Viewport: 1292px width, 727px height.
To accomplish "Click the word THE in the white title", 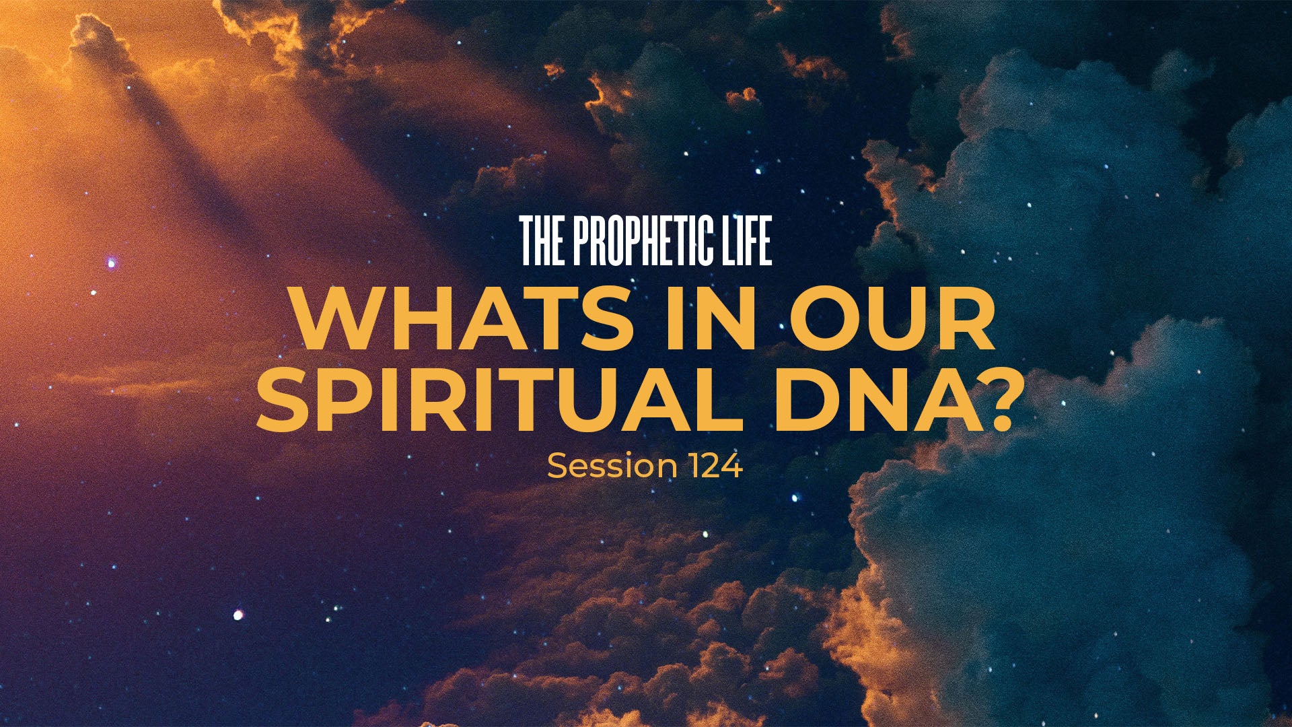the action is pos(542,241).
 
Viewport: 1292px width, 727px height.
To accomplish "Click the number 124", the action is pos(715,466).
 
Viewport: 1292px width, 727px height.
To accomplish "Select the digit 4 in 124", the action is pos(732,466).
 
